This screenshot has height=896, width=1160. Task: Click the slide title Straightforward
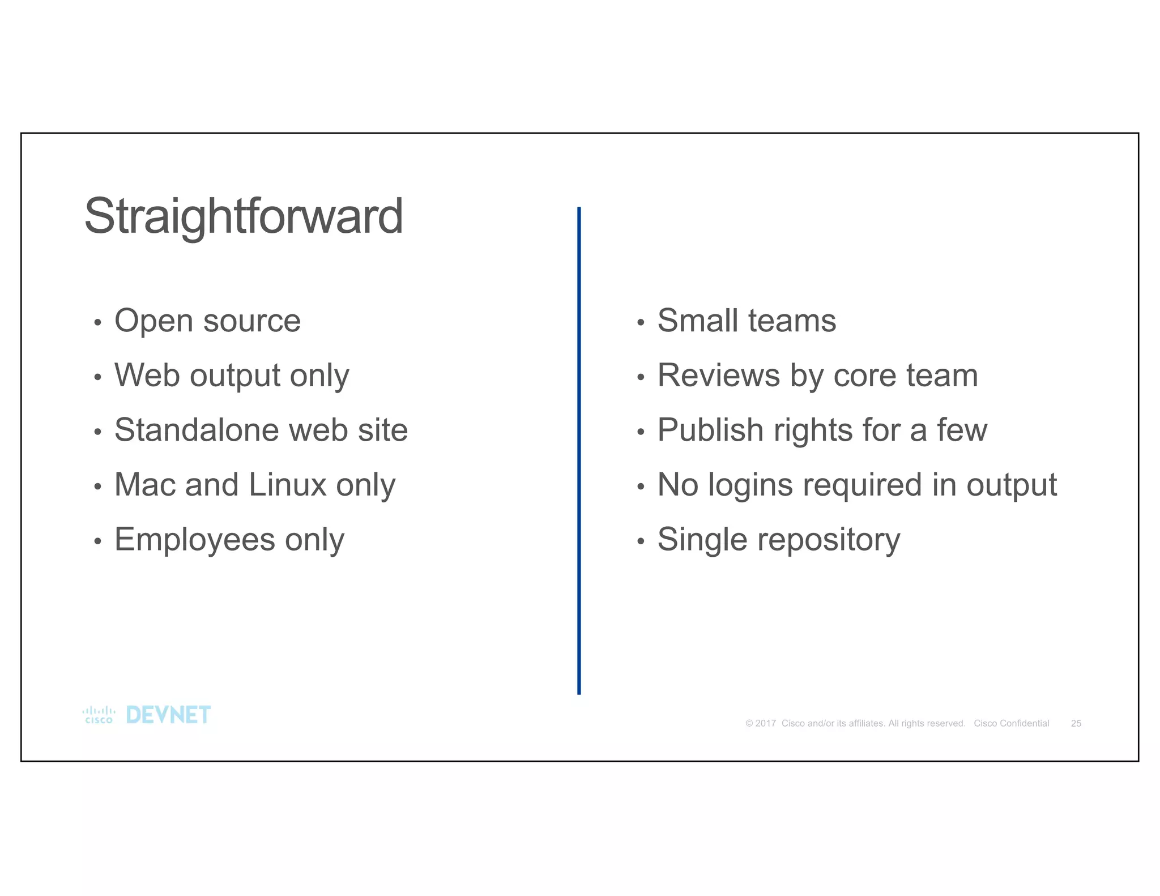244,217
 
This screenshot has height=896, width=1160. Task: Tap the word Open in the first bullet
153,321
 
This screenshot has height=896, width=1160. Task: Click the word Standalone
188,430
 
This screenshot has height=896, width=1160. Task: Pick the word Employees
194,540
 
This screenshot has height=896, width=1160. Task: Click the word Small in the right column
697,321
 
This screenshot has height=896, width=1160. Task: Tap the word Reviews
718,375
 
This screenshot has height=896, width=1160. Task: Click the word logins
750,485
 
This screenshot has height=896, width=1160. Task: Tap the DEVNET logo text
168,715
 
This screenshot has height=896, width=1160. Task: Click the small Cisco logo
99,715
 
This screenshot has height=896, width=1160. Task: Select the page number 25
1076,723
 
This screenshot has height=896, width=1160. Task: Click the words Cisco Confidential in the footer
1011,723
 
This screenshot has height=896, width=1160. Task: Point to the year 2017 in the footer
765,723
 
